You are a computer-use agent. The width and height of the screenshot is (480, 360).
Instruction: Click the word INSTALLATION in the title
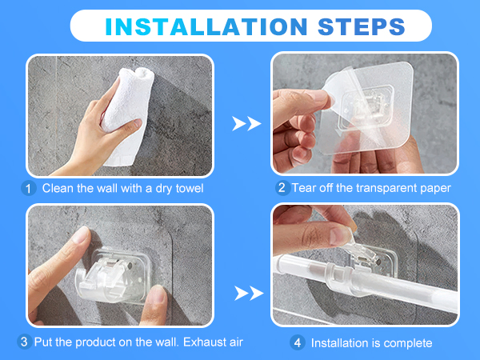coord(206,26)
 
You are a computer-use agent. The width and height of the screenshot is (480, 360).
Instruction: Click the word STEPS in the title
coord(362,26)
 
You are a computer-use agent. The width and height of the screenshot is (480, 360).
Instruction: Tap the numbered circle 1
coord(29,188)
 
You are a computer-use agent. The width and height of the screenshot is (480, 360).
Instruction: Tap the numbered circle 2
coord(282,188)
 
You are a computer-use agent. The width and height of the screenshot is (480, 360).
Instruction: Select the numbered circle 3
coord(24,342)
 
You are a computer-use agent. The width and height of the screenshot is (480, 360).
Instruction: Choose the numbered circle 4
coord(298,342)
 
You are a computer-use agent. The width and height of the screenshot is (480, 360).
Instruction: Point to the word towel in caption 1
coord(190,188)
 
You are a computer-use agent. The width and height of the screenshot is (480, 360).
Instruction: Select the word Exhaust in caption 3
coord(201,342)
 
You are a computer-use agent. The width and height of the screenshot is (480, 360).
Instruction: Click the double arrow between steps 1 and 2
coord(246,123)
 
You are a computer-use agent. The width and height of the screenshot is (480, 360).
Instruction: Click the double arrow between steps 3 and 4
coord(249,294)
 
